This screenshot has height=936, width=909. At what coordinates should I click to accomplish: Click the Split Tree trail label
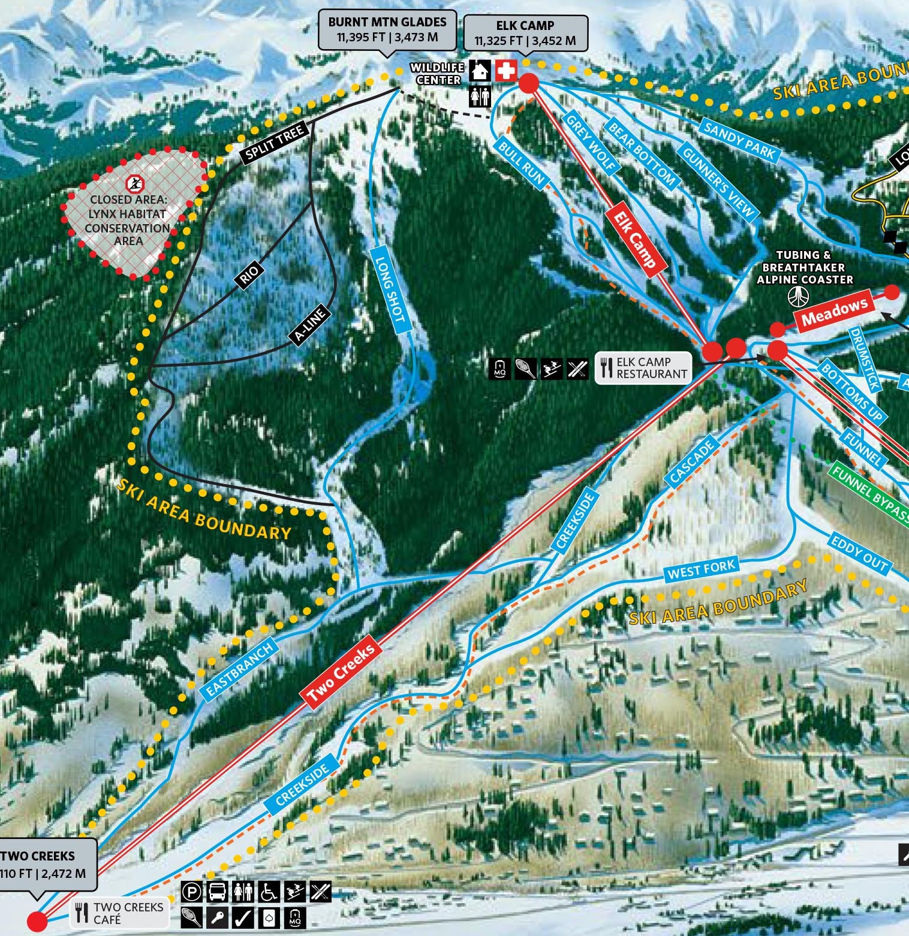point(275,142)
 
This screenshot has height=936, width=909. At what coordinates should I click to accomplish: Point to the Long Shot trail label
point(389,289)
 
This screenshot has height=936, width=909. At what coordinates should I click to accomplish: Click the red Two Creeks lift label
point(341,672)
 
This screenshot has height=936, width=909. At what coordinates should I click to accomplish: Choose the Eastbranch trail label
point(239,669)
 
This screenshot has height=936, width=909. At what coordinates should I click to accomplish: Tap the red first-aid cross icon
point(505,71)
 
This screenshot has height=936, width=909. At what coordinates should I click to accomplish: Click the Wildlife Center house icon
point(480,71)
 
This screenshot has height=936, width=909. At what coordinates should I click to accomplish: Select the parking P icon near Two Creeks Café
point(191,892)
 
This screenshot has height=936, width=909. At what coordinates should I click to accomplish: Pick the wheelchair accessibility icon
point(269,892)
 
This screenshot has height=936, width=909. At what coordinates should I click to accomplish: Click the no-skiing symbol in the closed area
point(136,182)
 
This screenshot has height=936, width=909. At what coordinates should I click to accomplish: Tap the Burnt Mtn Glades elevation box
point(387,29)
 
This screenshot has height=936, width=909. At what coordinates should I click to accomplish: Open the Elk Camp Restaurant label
point(643,367)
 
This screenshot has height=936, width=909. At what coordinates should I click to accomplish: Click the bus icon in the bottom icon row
point(217,892)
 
